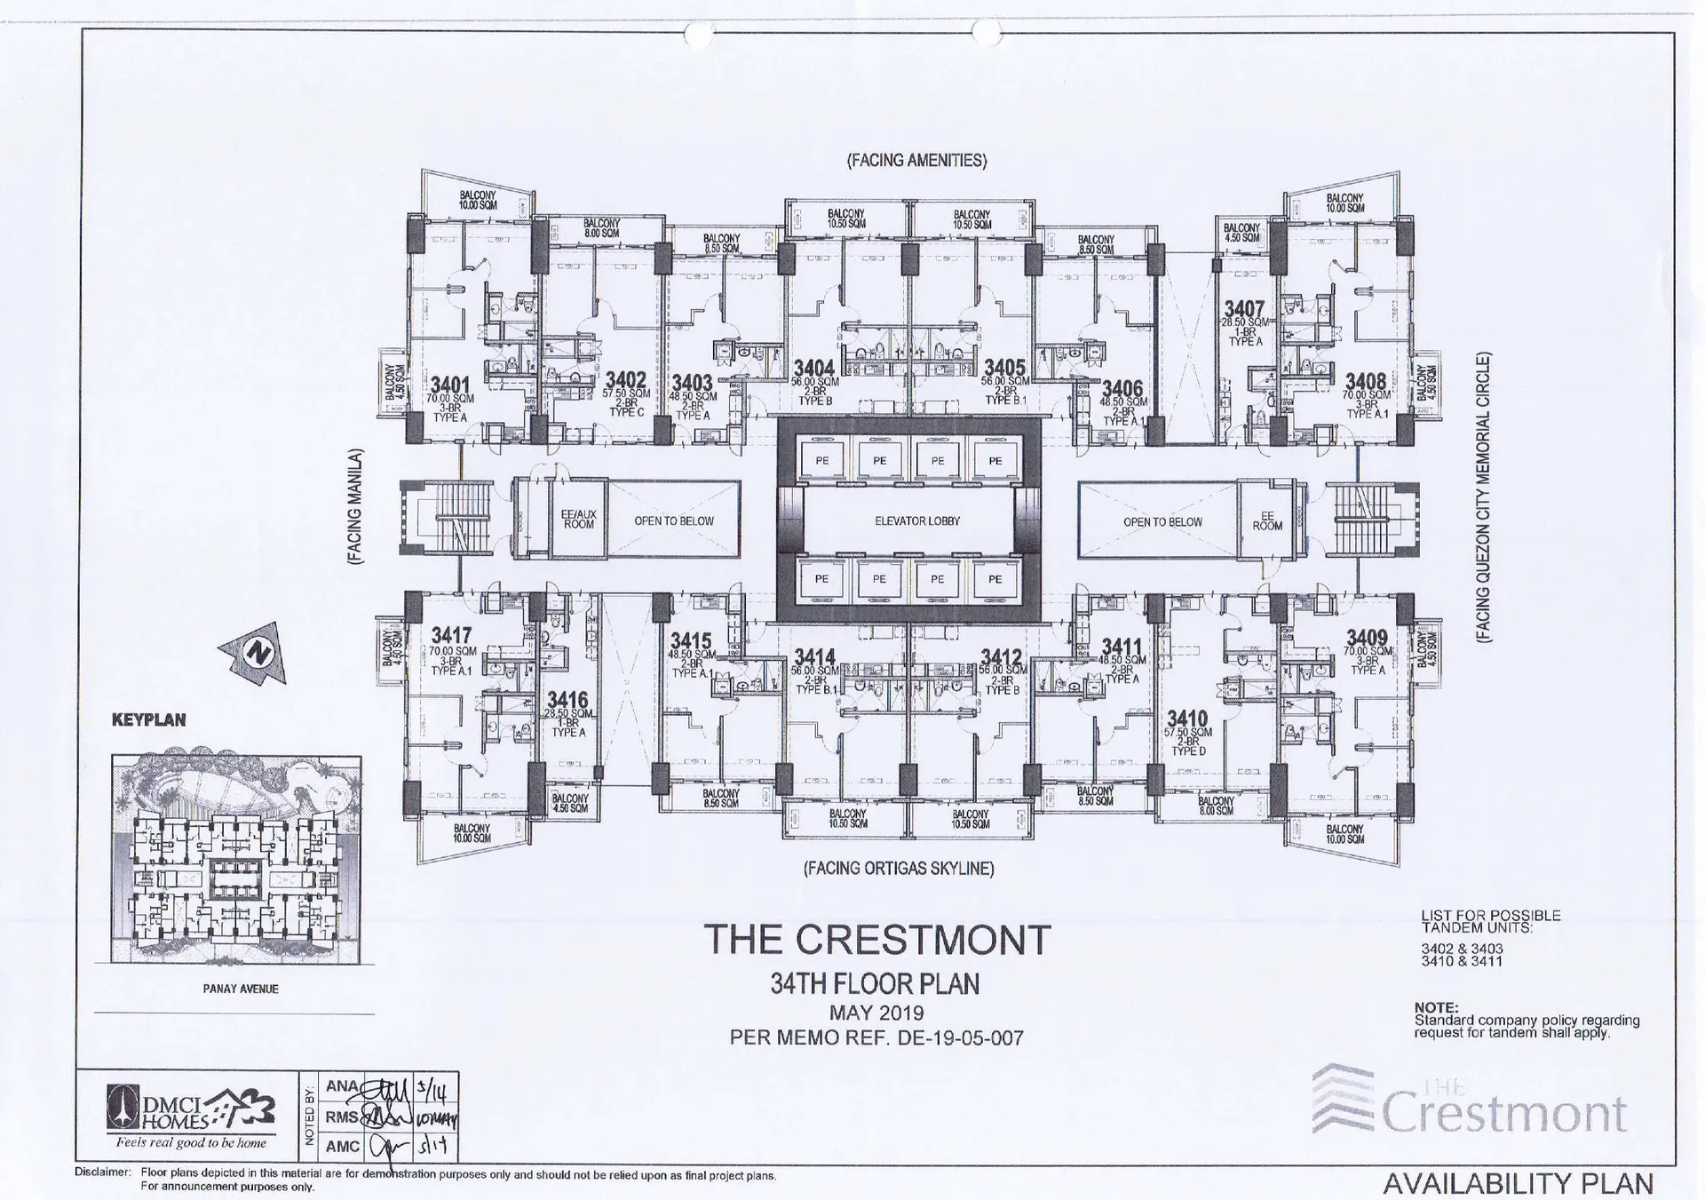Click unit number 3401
point(449,385)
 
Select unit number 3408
point(1365,382)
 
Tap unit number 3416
point(567,700)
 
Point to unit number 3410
point(1187,719)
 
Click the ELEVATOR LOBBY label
point(917,521)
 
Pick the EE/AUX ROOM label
point(579,520)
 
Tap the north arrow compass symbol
point(257,655)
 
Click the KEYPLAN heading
point(148,720)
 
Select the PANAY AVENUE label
point(241,989)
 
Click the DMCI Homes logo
point(190,1114)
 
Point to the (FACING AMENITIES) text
point(916,161)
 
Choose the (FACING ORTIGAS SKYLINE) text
point(899,869)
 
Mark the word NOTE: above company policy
point(1436,1007)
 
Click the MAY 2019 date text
point(876,1013)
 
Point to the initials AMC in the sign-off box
point(343,1147)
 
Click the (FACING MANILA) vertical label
point(355,507)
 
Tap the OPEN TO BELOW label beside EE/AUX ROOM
point(673,521)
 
